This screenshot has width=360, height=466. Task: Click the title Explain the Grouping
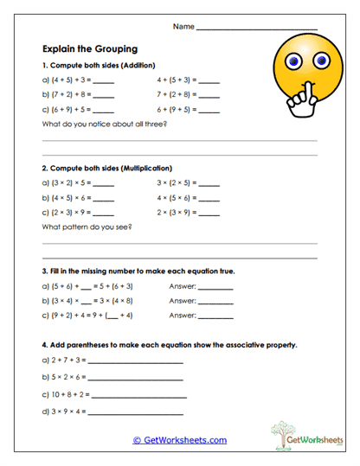(x=89, y=49)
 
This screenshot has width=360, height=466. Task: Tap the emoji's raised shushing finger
(x=293, y=91)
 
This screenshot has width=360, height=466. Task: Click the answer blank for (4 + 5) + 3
(x=103, y=80)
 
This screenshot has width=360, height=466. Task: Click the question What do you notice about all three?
(x=104, y=124)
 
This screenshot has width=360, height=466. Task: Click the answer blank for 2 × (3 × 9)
(x=210, y=214)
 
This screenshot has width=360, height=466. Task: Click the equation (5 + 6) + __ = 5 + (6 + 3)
(x=100, y=285)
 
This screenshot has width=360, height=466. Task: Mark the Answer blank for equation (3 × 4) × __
(x=215, y=302)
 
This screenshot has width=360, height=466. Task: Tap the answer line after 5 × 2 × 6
(x=137, y=379)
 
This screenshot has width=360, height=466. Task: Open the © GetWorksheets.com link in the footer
(x=179, y=440)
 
